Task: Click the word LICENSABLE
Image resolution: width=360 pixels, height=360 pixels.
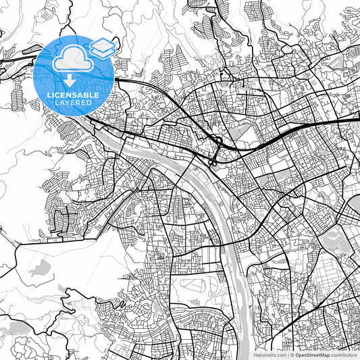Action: click(x=74, y=95)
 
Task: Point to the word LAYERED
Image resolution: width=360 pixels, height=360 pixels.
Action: click(x=74, y=103)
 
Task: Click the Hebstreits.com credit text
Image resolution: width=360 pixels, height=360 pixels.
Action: click(x=270, y=354)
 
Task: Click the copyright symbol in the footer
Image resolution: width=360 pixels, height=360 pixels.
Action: click(x=292, y=354)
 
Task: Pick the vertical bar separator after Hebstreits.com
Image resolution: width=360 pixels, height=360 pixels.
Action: click(x=288, y=354)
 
